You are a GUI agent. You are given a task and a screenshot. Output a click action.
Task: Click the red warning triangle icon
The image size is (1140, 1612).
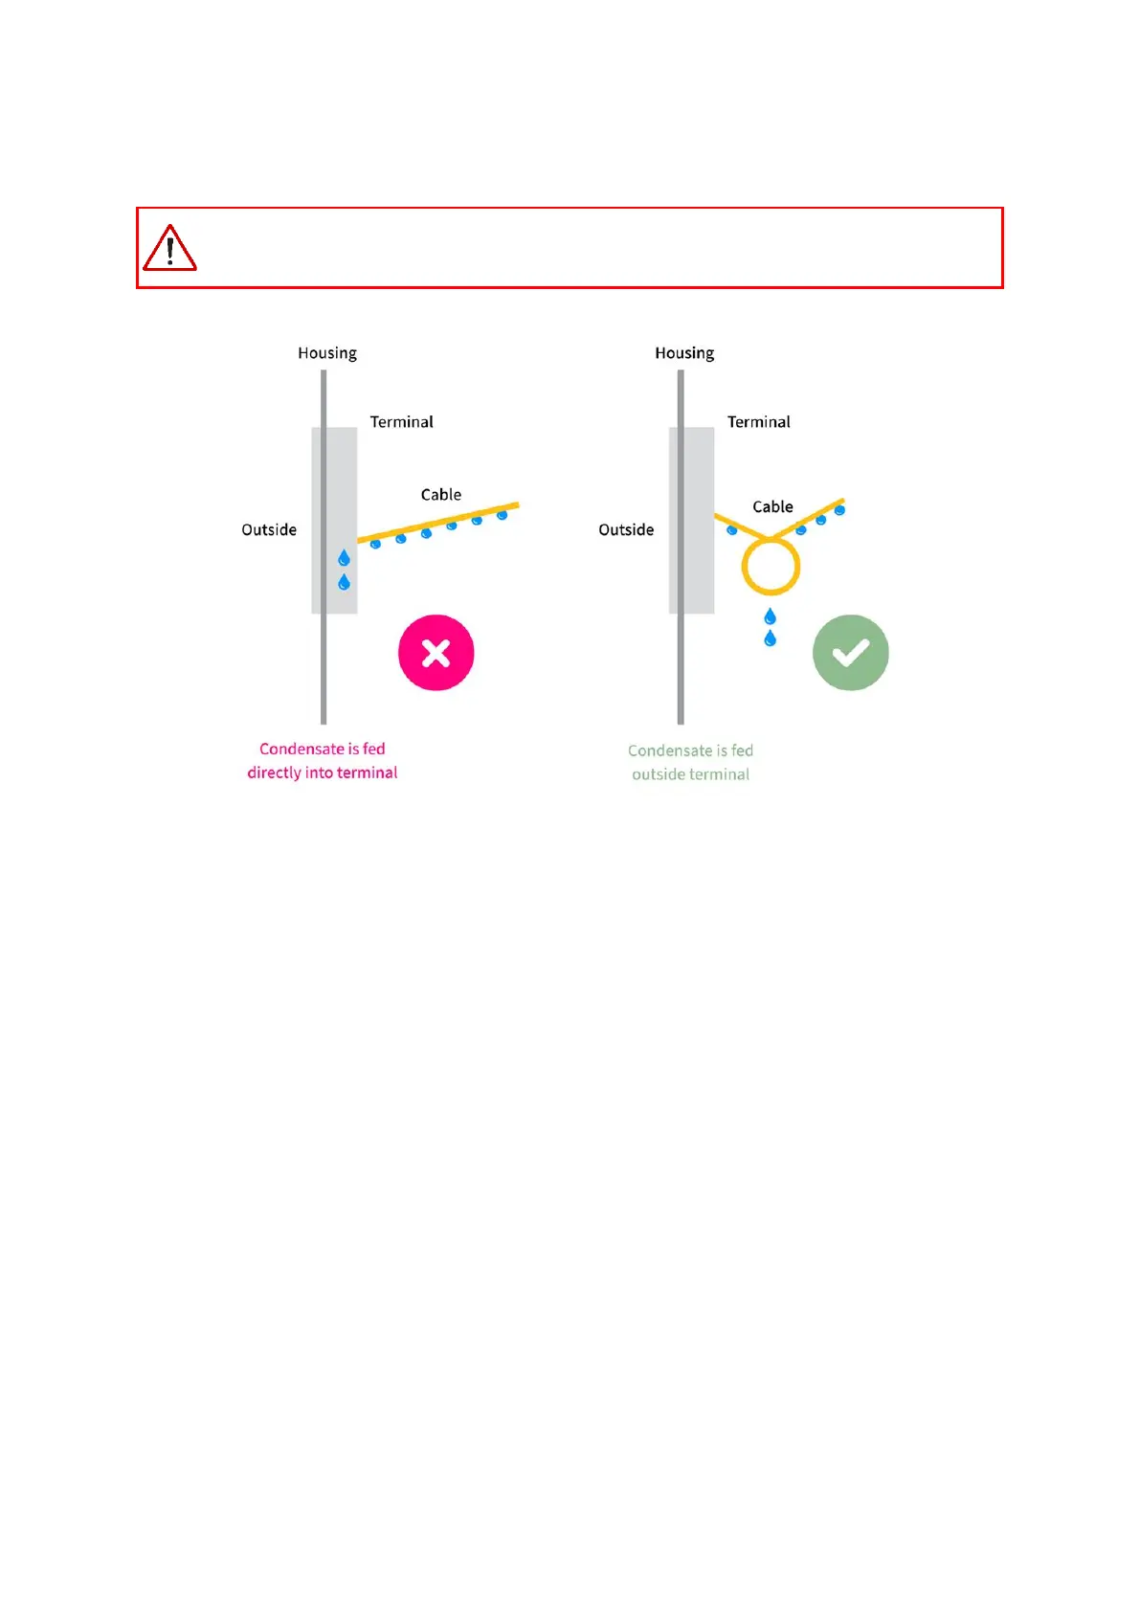169,249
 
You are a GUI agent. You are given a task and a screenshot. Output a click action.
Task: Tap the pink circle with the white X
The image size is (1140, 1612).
436,653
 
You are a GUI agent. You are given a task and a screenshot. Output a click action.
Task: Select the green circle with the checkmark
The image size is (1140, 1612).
850,653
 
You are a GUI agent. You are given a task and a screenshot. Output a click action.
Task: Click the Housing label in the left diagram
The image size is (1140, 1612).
327,353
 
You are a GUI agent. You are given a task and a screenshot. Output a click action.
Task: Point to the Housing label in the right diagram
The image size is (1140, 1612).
684,353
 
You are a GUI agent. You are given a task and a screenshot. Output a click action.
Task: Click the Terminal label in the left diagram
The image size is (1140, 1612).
401,422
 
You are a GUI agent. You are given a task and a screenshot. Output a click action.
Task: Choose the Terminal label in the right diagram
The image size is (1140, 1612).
758,422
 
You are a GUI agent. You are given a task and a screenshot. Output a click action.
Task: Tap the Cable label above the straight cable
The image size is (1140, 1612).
441,495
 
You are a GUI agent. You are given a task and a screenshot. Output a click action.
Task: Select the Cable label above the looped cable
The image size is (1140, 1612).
772,507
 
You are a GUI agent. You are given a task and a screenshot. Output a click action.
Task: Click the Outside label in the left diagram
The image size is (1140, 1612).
269,530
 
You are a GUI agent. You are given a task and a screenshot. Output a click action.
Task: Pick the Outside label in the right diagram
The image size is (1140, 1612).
626,530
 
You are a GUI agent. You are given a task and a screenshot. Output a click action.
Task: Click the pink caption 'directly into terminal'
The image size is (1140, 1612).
323,772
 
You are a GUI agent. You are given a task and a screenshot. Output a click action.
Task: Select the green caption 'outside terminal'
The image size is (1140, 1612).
690,774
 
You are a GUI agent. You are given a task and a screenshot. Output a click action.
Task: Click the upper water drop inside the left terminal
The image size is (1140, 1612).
344,558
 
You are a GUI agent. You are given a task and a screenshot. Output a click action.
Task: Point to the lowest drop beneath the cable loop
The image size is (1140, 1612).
770,638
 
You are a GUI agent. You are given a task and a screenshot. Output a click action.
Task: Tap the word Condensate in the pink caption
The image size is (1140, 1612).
302,749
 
